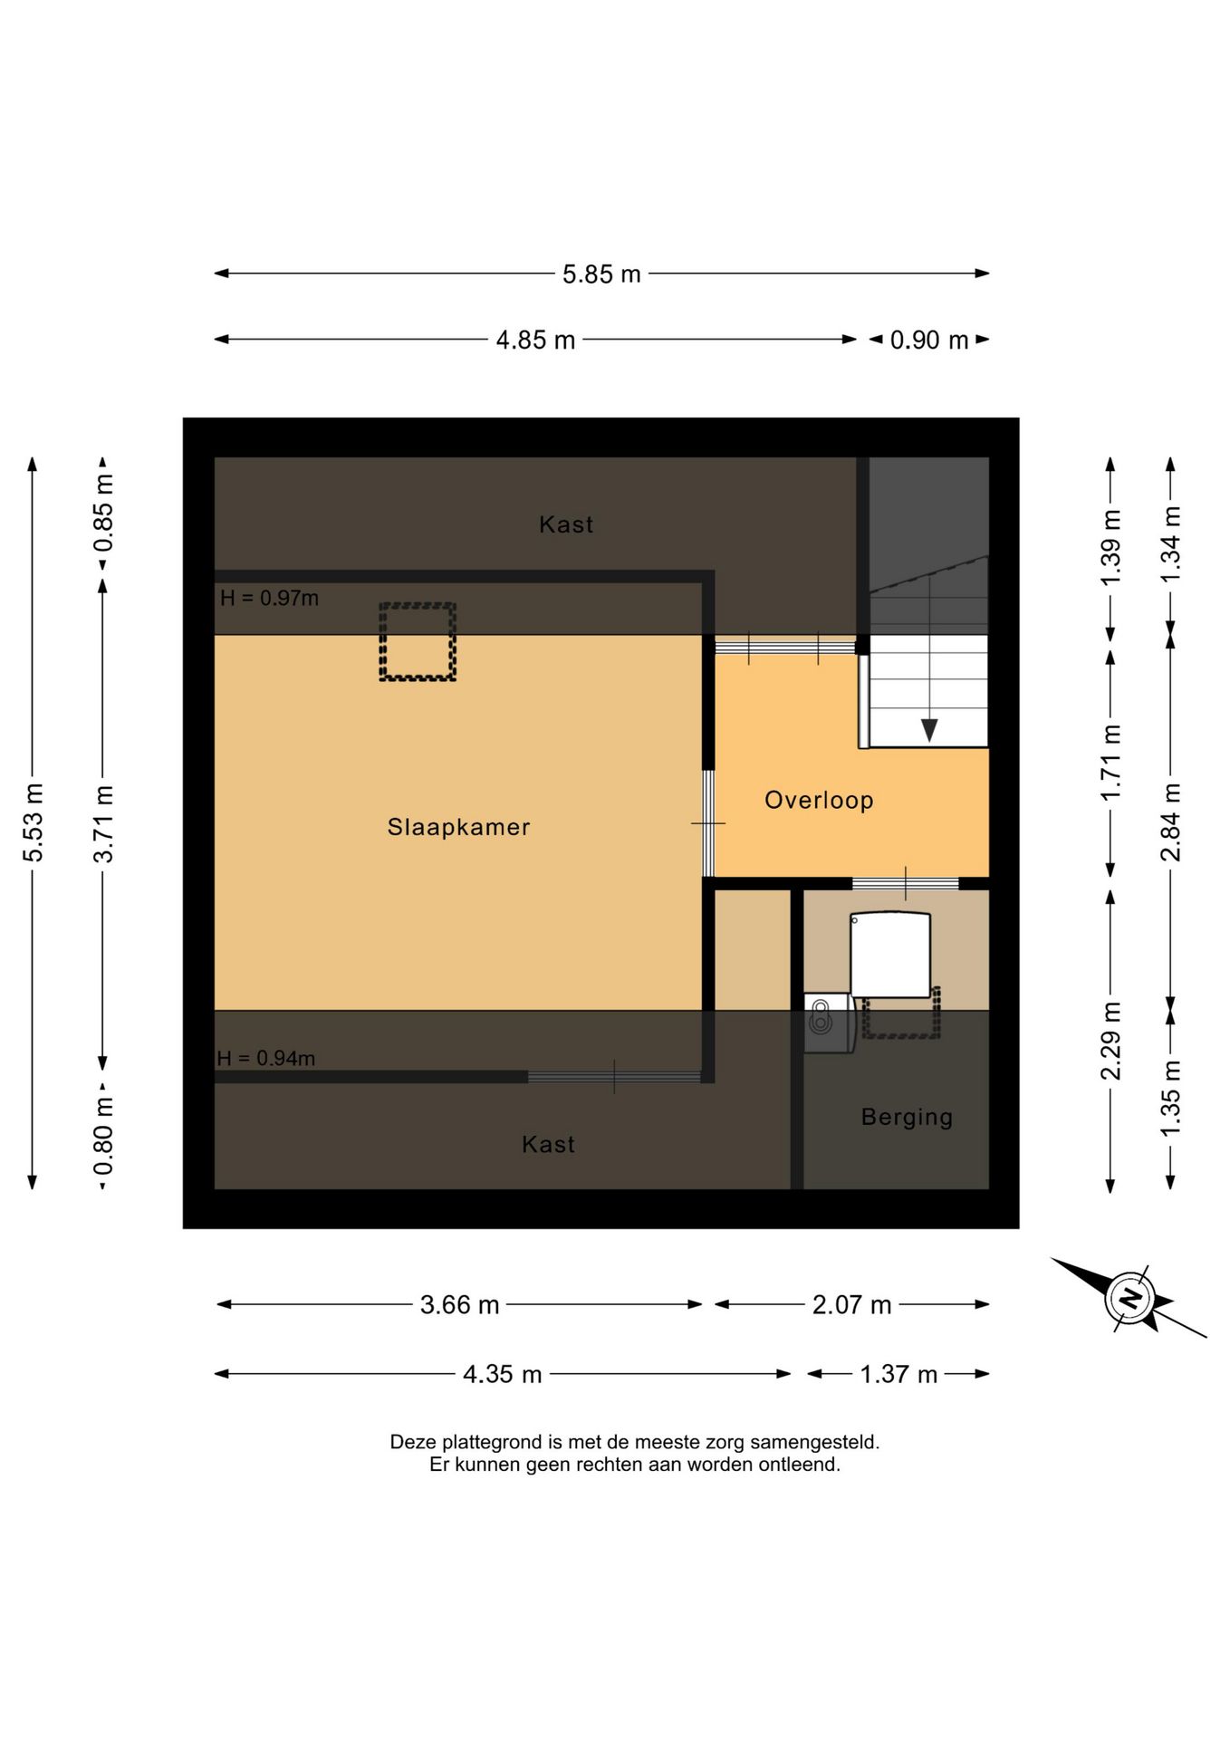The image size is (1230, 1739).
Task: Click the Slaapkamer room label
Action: (x=458, y=827)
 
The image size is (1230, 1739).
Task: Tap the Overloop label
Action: (x=819, y=801)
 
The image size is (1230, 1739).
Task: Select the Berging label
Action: (x=907, y=1118)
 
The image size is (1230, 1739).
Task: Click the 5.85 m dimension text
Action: (x=601, y=274)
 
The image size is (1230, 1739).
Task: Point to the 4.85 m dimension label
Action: (x=535, y=340)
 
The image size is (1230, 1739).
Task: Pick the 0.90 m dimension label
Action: (x=929, y=340)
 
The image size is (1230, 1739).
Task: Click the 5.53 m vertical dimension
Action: (x=34, y=822)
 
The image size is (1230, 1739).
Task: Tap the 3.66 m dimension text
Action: (x=459, y=1305)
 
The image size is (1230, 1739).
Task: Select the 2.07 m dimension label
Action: (x=851, y=1305)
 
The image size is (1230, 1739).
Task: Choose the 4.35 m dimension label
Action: (x=502, y=1374)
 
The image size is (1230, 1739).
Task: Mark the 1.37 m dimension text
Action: (x=898, y=1374)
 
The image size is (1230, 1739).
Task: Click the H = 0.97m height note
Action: (x=269, y=598)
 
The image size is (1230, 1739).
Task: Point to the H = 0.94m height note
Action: (x=265, y=1058)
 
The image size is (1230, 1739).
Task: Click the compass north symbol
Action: (x=1129, y=1299)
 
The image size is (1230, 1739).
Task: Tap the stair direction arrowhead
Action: (x=929, y=730)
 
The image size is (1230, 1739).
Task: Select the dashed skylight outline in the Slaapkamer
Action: (x=417, y=641)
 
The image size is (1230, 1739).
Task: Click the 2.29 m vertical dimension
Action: (x=1110, y=1041)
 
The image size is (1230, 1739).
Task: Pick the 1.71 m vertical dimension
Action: (x=1110, y=761)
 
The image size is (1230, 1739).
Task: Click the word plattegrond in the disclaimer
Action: (x=493, y=1442)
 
